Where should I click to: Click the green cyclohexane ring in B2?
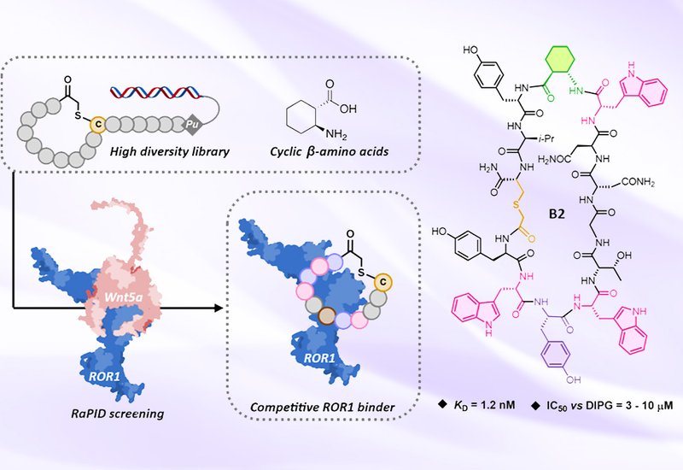(563, 62)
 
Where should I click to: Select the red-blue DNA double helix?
(156, 92)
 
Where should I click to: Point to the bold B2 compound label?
(557, 214)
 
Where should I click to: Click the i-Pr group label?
(547, 139)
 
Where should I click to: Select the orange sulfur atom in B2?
(517, 204)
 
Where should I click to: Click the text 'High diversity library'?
(169, 152)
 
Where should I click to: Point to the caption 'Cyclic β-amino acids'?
(330, 152)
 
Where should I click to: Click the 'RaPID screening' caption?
(118, 414)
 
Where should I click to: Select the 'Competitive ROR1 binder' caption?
(323, 408)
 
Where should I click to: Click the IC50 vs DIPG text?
(575, 405)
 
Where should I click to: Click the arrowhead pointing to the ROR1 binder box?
(219, 308)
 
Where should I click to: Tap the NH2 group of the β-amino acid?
(336, 134)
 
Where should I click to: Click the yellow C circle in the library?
(98, 125)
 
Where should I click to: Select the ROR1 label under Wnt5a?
(104, 376)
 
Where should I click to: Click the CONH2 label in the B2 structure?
(638, 182)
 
